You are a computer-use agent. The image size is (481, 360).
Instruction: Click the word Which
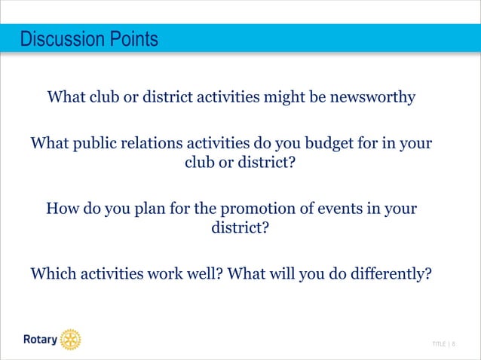click(x=54, y=273)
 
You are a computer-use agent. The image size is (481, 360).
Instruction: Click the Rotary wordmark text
click(x=38, y=340)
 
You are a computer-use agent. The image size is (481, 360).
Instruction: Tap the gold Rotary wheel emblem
click(x=70, y=340)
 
